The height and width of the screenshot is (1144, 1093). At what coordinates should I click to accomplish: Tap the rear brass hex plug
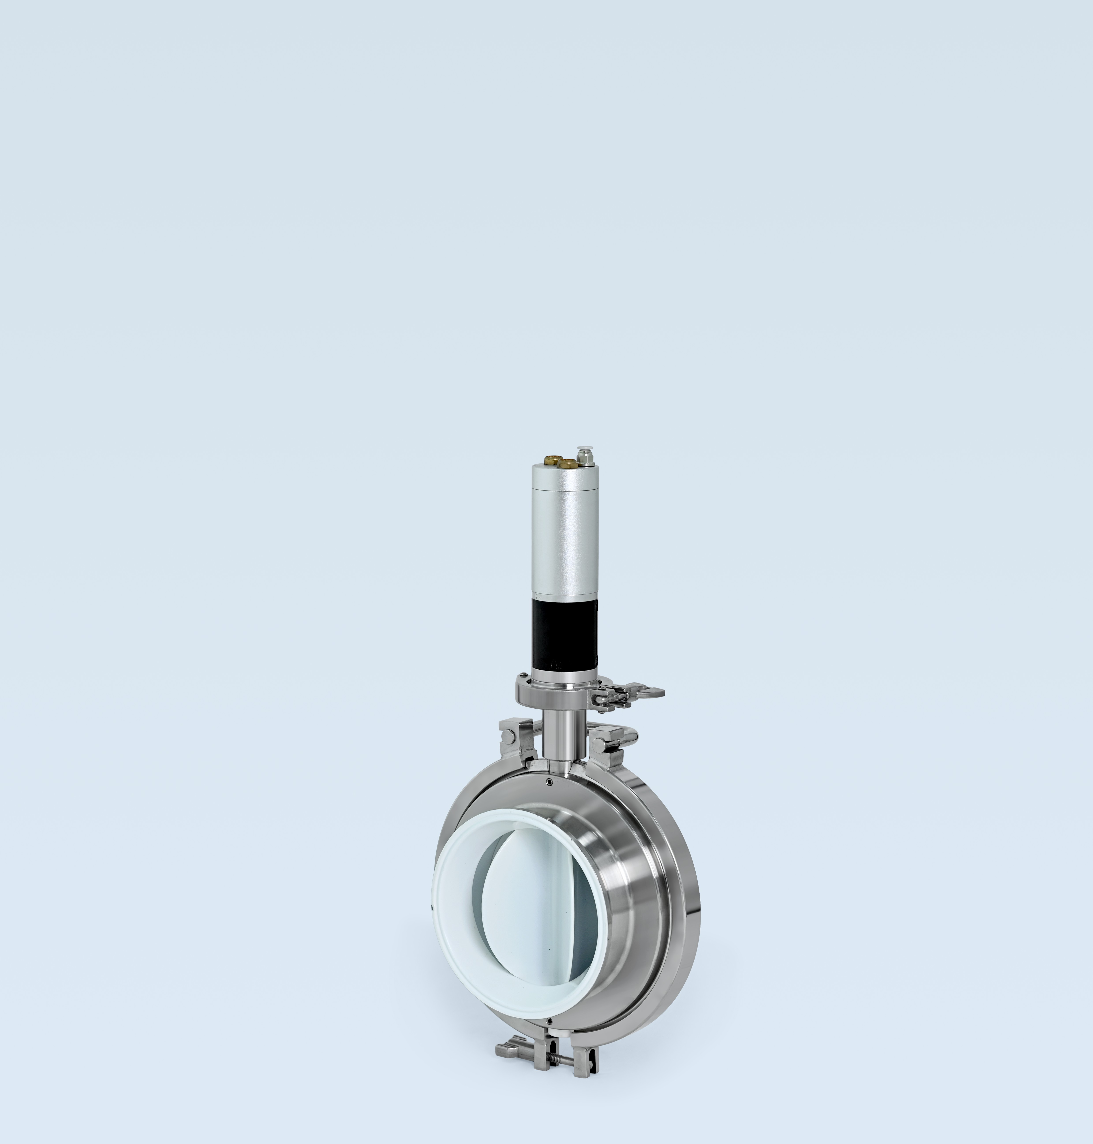(x=551, y=460)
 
